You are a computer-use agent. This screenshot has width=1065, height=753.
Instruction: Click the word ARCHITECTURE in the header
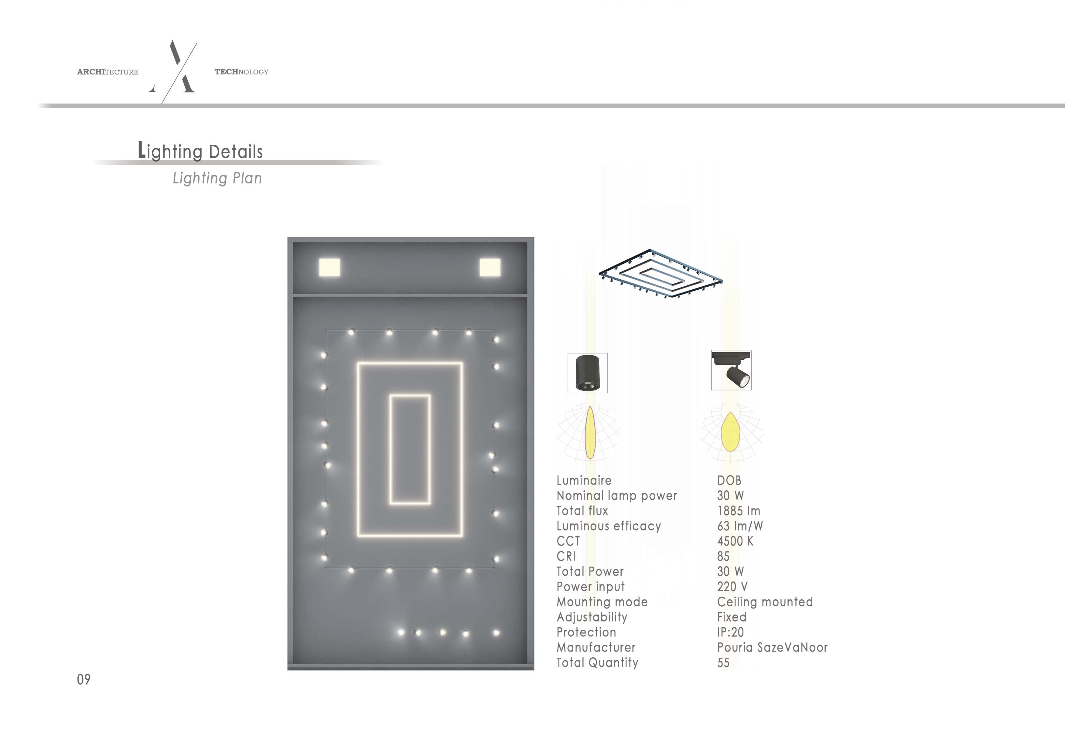108,72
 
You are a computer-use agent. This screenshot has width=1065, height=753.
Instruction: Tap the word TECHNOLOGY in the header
241,72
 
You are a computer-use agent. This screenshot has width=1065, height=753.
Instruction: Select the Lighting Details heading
200,151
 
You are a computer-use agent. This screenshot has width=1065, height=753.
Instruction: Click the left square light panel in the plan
329,267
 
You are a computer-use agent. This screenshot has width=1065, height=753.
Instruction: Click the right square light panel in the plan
490,267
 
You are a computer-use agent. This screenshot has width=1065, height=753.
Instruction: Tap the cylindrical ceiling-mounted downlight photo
588,373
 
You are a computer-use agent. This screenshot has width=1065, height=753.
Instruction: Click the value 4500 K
735,541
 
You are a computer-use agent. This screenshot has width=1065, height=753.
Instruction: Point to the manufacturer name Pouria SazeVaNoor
772,647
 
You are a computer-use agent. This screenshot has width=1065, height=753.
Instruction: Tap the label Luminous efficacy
609,526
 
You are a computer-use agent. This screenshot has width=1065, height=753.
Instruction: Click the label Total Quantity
597,663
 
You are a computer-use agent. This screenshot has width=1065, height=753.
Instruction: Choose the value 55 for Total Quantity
723,663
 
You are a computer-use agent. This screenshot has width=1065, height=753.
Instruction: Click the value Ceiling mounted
765,602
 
